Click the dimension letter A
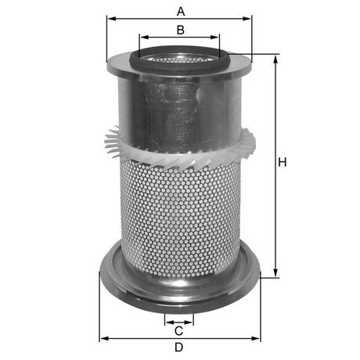tap(181, 11)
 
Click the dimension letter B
tap(180, 30)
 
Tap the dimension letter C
tap(179, 329)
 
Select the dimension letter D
tap(179, 347)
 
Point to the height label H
tap(283, 162)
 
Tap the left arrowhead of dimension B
tap(142, 37)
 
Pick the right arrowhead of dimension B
tap(218, 37)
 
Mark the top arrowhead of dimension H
tap(275, 58)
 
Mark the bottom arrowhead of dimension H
tap(275, 274)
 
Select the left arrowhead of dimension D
tap(103, 339)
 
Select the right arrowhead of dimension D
tap(257, 339)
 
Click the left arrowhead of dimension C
tap(167, 321)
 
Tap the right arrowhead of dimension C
tap(191, 321)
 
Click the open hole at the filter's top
tap(180, 57)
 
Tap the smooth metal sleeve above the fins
tap(180, 106)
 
